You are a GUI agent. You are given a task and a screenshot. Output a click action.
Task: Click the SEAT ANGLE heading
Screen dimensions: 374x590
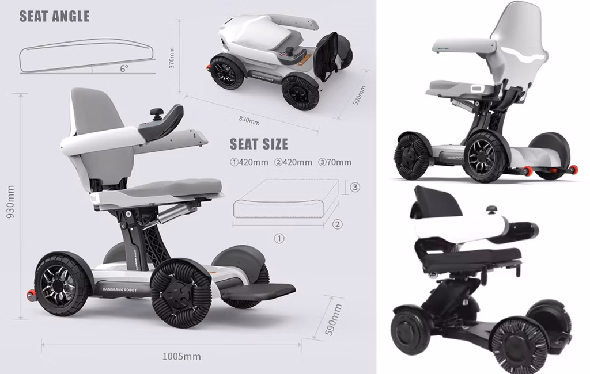coord(55,16)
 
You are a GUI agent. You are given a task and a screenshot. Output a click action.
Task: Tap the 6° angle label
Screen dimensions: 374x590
coord(124,68)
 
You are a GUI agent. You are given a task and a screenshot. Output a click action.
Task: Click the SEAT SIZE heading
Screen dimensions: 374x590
coord(259,144)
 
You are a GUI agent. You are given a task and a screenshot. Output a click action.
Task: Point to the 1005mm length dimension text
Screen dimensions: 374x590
coord(181,357)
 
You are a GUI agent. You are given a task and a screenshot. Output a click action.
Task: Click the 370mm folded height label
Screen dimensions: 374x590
coord(171,57)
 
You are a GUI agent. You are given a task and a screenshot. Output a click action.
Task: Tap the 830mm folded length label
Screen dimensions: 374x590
coord(249,120)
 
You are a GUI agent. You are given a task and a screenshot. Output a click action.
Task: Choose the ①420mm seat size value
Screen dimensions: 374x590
coord(249,162)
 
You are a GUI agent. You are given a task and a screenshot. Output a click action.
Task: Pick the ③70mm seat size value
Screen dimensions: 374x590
coord(335,162)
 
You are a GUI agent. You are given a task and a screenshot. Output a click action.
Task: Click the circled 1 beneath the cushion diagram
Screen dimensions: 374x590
coord(279,238)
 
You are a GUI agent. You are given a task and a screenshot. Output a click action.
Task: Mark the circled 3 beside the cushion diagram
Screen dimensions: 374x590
coord(355,188)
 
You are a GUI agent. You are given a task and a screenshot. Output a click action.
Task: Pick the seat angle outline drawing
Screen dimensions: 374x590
coord(86,56)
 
